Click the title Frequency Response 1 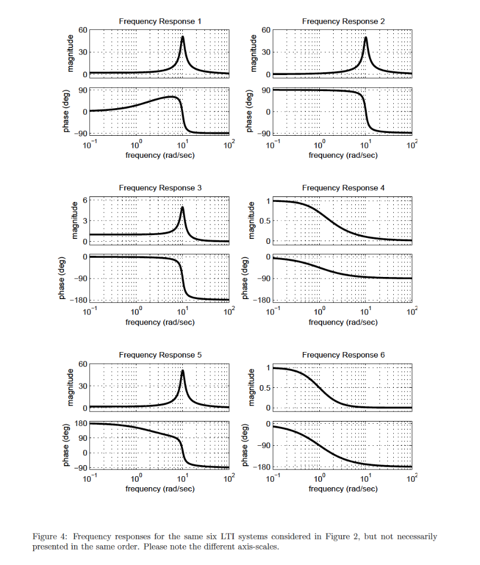[160, 21]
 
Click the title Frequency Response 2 [344, 21]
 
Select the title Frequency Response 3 [160, 188]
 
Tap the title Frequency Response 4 [344, 188]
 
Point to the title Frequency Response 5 [160, 355]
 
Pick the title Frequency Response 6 [344, 355]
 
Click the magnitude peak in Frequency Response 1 [182, 37]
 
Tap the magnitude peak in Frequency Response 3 [182, 207]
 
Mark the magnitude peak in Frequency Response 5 [182, 371]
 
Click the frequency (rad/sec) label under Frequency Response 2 [344, 156]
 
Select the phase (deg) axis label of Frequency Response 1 [66, 111]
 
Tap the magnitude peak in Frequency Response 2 [366, 38]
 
